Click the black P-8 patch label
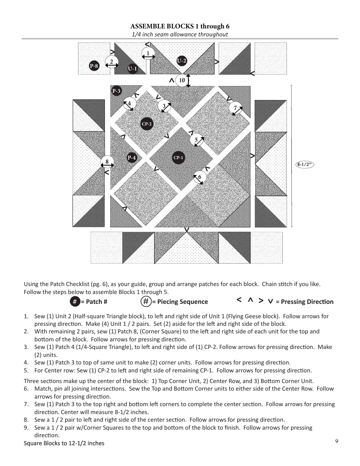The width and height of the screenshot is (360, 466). [94, 66]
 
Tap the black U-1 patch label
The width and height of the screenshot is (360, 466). [132, 69]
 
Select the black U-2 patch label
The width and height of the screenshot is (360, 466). [182, 61]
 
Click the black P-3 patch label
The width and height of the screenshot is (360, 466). [116, 91]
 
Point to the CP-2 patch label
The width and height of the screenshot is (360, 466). [147, 124]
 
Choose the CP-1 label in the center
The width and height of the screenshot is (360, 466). [178, 158]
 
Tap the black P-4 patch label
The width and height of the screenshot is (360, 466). [131, 158]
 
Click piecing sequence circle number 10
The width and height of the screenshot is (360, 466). [182, 80]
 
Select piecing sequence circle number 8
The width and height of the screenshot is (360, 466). [107, 162]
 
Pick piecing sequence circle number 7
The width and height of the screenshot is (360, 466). [235, 108]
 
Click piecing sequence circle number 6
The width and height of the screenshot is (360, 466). [199, 177]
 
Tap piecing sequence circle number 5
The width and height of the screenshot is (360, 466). [196, 140]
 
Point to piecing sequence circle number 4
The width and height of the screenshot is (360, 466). [129, 103]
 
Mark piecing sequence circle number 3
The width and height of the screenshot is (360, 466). [164, 106]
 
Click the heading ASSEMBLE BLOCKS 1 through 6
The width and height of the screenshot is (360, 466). [180, 27]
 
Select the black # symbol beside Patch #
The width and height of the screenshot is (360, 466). [75, 302]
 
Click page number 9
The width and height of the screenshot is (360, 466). [337, 441]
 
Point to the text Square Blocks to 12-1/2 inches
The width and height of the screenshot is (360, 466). [64, 443]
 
